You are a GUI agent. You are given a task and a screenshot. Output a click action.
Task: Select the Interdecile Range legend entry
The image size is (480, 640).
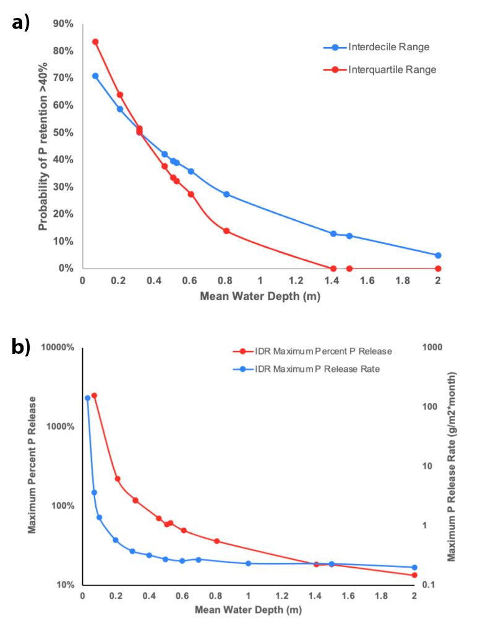click(x=388, y=47)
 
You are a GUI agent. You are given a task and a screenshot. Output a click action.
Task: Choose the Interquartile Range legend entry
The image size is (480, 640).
click(x=392, y=70)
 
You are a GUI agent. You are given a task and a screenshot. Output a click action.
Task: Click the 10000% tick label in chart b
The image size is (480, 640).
click(x=58, y=348)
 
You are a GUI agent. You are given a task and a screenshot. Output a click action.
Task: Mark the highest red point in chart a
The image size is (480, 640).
click(x=95, y=42)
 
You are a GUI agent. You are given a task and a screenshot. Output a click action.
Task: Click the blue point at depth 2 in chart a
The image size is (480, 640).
click(x=438, y=255)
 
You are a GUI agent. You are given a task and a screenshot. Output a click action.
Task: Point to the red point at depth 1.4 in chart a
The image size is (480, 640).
click(x=333, y=268)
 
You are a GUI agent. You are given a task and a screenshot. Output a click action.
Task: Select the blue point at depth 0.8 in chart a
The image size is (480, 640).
click(x=226, y=194)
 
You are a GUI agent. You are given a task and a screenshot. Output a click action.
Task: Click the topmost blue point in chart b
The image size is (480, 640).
click(x=87, y=398)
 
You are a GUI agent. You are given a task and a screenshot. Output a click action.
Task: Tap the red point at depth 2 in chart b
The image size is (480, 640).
click(x=414, y=575)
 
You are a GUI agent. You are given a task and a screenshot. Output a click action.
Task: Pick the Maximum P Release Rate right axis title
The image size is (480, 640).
click(x=452, y=466)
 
